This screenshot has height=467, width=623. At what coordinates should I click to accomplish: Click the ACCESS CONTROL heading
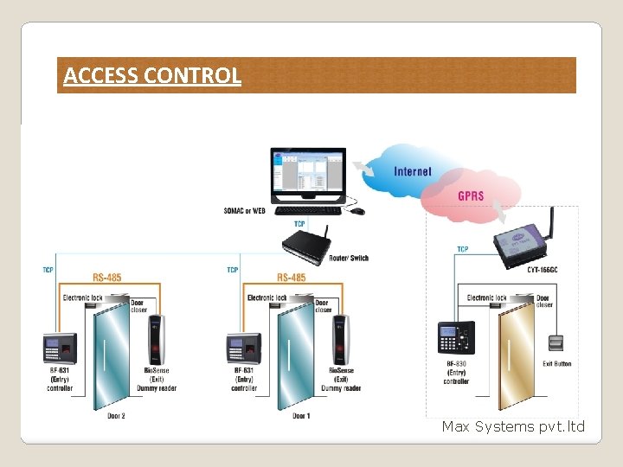(152, 76)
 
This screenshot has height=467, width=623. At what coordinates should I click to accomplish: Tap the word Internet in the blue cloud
(413, 171)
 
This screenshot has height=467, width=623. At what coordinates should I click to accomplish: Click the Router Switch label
(350, 258)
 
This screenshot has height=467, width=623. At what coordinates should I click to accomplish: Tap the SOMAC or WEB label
(245, 210)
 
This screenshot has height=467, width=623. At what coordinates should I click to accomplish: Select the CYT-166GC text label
(543, 269)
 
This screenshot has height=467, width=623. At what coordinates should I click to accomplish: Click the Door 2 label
(116, 416)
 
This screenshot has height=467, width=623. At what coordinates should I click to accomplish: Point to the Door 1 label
(301, 416)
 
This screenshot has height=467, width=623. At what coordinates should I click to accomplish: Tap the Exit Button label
(557, 364)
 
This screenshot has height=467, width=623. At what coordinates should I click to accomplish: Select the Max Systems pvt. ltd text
(513, 426)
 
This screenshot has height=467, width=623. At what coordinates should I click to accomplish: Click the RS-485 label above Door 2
(107, 278)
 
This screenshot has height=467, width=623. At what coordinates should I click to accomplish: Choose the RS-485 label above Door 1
(292, 278)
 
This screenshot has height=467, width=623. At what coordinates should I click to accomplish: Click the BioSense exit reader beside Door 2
(157, 340)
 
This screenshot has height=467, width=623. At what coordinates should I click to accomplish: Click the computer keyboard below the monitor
(308, 210)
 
